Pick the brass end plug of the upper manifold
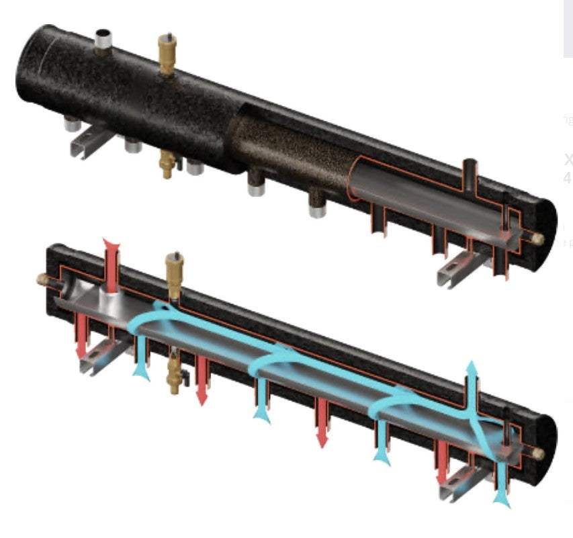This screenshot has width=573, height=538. click(539, 237)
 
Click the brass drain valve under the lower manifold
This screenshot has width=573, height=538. click(175, 373)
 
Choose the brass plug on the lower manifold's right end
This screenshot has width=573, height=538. click(538, 454)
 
